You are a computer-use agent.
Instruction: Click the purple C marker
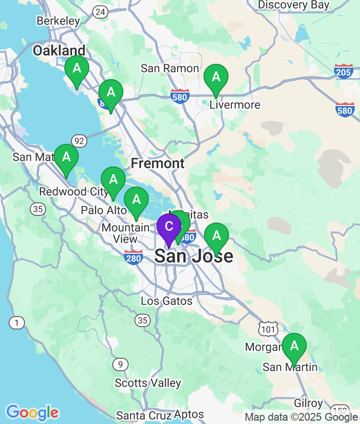[x=169, y=226]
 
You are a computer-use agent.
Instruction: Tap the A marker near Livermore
[x=216, y=77]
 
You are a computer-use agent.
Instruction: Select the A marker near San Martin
[x=294, y=346]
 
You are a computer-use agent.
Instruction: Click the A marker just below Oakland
[x=76, y=69]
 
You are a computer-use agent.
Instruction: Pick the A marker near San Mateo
[x=66, y=157]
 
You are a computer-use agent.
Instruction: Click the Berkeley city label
[x=59, y=21]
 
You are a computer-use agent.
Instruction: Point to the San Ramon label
[x=169, y=68]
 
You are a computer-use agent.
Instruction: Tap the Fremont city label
[x=157, y=164]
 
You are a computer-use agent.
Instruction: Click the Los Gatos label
[x=167, y=301]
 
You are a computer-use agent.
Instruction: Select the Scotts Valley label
[x=148, y=383]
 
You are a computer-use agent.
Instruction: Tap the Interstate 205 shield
[x=344, y=71]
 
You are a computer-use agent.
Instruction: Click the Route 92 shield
[x=79, y=141]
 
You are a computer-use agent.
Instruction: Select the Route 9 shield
[x=120, y=365]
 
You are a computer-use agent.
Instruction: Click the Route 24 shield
[x=101, y=12]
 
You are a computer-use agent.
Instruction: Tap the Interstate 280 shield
[x=133, y=258]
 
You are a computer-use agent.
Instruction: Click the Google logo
[x=32, y=412]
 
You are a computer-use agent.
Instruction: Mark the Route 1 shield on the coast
[x=17, y=323]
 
